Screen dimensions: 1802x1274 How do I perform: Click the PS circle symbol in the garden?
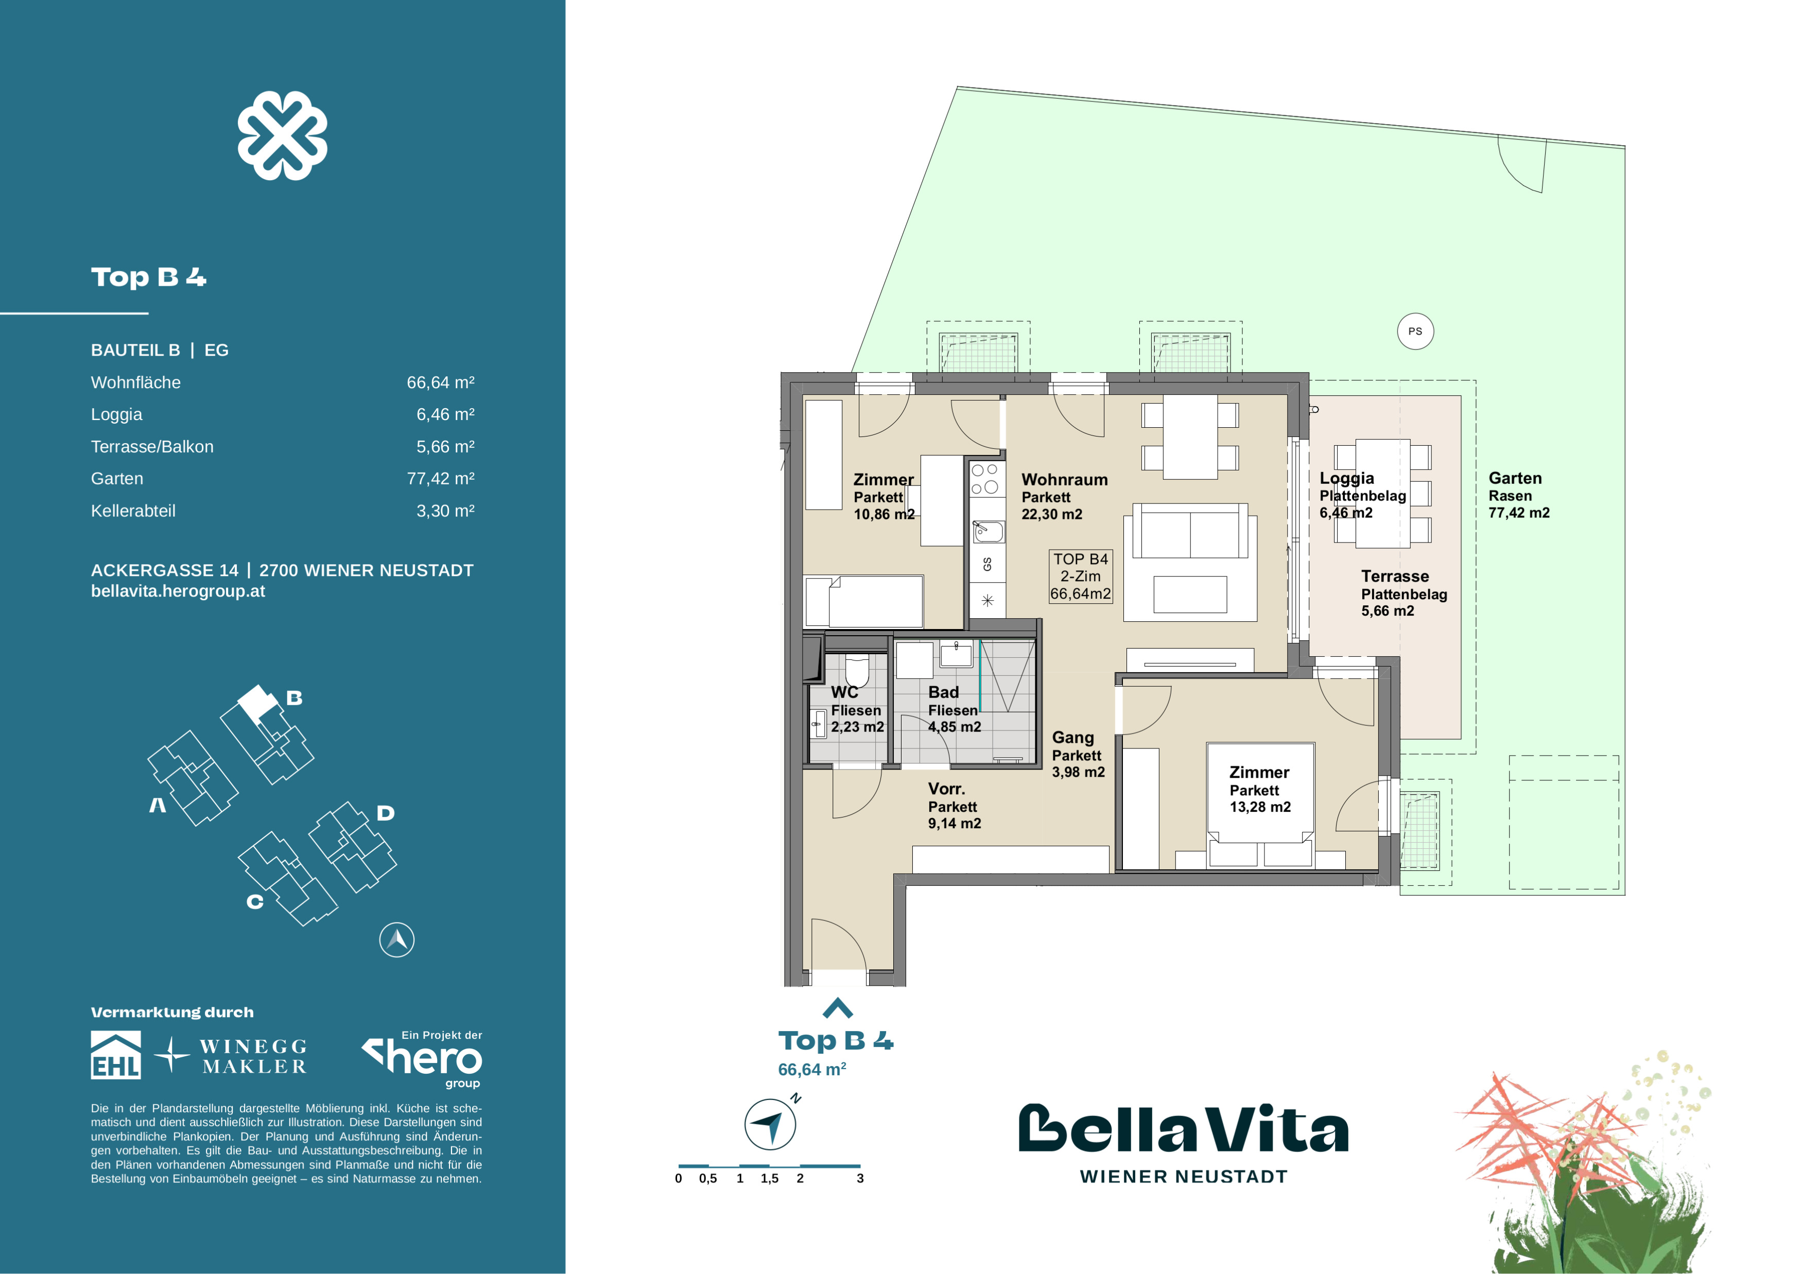tap(1415, 331)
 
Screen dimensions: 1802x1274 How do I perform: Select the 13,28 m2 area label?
tap(1260, 807)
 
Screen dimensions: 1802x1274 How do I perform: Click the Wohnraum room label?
tap(1064, 479)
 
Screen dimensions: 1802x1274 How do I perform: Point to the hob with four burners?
tap(985, 479)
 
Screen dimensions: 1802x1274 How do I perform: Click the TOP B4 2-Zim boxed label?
tap(1081, 576)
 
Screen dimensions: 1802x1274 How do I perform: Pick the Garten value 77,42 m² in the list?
tap(440, 479)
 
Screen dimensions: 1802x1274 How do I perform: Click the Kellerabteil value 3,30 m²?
tap(445, 511)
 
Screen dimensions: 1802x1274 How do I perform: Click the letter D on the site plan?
tap(385, 813)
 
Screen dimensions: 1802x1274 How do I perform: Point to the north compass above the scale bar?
tap(771, 1123)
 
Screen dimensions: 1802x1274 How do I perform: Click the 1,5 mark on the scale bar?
tap(769, 1178)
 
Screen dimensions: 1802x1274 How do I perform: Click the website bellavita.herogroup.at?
tap(178, 591)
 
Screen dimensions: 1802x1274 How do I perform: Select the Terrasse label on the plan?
tap(1395, 576)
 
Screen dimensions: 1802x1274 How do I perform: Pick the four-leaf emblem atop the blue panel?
tap(283, 135)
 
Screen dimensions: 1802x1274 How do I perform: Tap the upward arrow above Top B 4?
tap(838, 1007)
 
